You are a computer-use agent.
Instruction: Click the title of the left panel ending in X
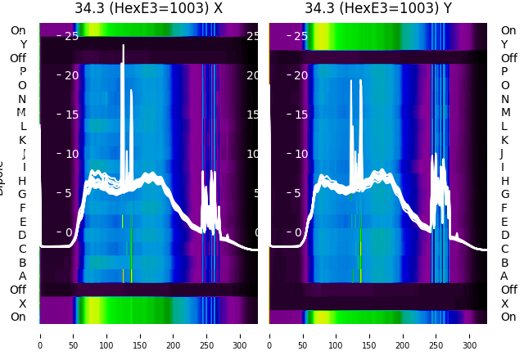click(148, 9)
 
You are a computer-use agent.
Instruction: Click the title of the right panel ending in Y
click(378, 9)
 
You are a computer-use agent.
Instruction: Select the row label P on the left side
click(23, 72)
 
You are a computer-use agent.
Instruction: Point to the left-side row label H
click(23, 181)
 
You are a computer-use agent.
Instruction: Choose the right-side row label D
click(505, 236)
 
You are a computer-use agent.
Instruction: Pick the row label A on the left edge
click(23, 277)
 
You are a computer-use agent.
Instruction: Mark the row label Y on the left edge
click(23, 45)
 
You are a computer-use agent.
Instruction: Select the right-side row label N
click(504, 99)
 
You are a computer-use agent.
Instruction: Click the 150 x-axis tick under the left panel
click(140, 335)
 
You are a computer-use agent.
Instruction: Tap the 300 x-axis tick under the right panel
click(470, 335)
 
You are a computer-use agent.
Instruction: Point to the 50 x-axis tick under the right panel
click(303, 335)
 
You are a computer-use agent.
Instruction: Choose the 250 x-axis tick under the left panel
click(207, 335)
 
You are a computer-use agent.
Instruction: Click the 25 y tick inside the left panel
click(71, 36)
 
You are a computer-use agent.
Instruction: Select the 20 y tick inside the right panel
click(300, 75)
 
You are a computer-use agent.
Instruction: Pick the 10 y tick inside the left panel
click(71, 154)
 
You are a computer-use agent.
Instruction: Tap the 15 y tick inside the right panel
click(300, 115)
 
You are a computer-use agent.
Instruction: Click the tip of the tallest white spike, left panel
click(124, 46)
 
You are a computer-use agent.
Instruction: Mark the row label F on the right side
click(504, 209)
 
